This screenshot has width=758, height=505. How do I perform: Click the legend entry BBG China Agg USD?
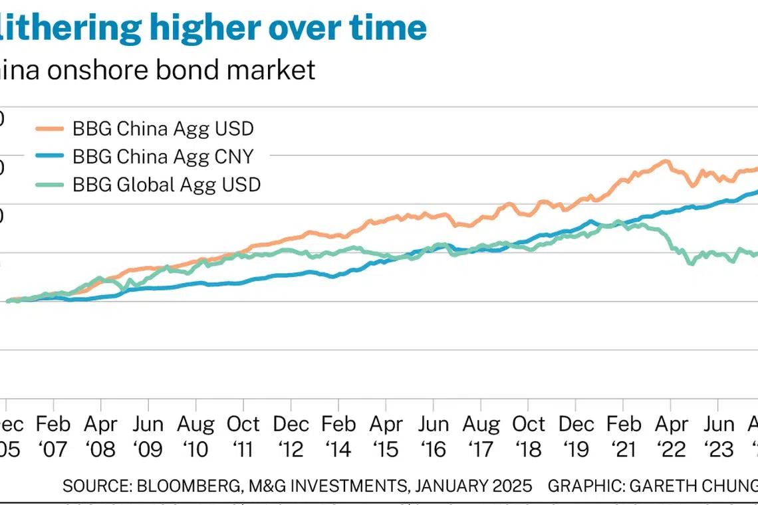tap(162, 128)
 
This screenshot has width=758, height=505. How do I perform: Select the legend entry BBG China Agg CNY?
tap(162, 156)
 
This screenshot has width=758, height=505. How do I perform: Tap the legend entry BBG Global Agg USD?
tap(166, 184)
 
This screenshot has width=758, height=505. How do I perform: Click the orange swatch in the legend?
tap(49, 128)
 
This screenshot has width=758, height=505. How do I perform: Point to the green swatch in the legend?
tap(49, 184)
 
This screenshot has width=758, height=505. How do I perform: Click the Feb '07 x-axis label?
tap(54, 437)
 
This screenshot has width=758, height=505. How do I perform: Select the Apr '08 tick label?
tap(101, 437)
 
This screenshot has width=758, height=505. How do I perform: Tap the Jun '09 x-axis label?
tap(148, 437)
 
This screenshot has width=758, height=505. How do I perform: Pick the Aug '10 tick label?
tap(196, 437)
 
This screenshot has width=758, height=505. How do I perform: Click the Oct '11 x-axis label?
tap(243, 437)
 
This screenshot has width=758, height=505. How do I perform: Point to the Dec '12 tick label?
tap(291, 437)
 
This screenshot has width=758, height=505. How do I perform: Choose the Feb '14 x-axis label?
tap(338, 437)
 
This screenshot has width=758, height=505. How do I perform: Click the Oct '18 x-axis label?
tap(529, 437)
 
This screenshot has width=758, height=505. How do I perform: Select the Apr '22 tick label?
tap(671, 437)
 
